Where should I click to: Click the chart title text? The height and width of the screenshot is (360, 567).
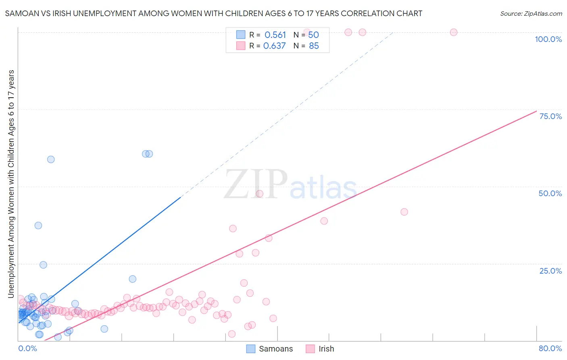pos(213,13)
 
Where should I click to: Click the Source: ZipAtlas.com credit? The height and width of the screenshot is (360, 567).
pos(531,13)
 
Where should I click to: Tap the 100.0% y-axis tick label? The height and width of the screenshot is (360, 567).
pos(548,39)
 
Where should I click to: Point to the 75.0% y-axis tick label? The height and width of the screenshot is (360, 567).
pos(550,116)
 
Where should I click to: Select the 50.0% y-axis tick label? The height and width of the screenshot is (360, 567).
pos(550,193)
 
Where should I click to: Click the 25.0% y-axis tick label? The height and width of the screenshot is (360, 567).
pos(550,271)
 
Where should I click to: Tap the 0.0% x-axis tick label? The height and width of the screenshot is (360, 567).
pos(27,348)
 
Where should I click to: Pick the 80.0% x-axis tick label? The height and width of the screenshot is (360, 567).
pos(550,348)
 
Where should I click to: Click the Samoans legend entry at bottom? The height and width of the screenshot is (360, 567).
pos(270,349)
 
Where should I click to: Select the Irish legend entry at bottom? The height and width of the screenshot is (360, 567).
pos(320,349)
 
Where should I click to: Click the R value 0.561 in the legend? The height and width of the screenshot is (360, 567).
pos(275,35)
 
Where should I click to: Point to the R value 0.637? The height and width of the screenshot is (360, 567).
pos(274,46)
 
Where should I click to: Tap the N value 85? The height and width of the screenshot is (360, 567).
pos(314,46)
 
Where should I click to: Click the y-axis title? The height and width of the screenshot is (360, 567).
pos(11,184)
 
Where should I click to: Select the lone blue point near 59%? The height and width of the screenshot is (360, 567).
pos(51,159)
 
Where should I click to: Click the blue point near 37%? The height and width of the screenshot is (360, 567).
pos(38,226)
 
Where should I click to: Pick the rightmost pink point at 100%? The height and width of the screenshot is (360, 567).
pos(454,32)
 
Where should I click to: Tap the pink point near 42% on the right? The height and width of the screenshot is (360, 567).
pos(404,212)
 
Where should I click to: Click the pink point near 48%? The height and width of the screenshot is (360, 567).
pos(260,194)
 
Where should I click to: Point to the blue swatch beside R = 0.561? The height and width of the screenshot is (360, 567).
pos(241,35)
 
